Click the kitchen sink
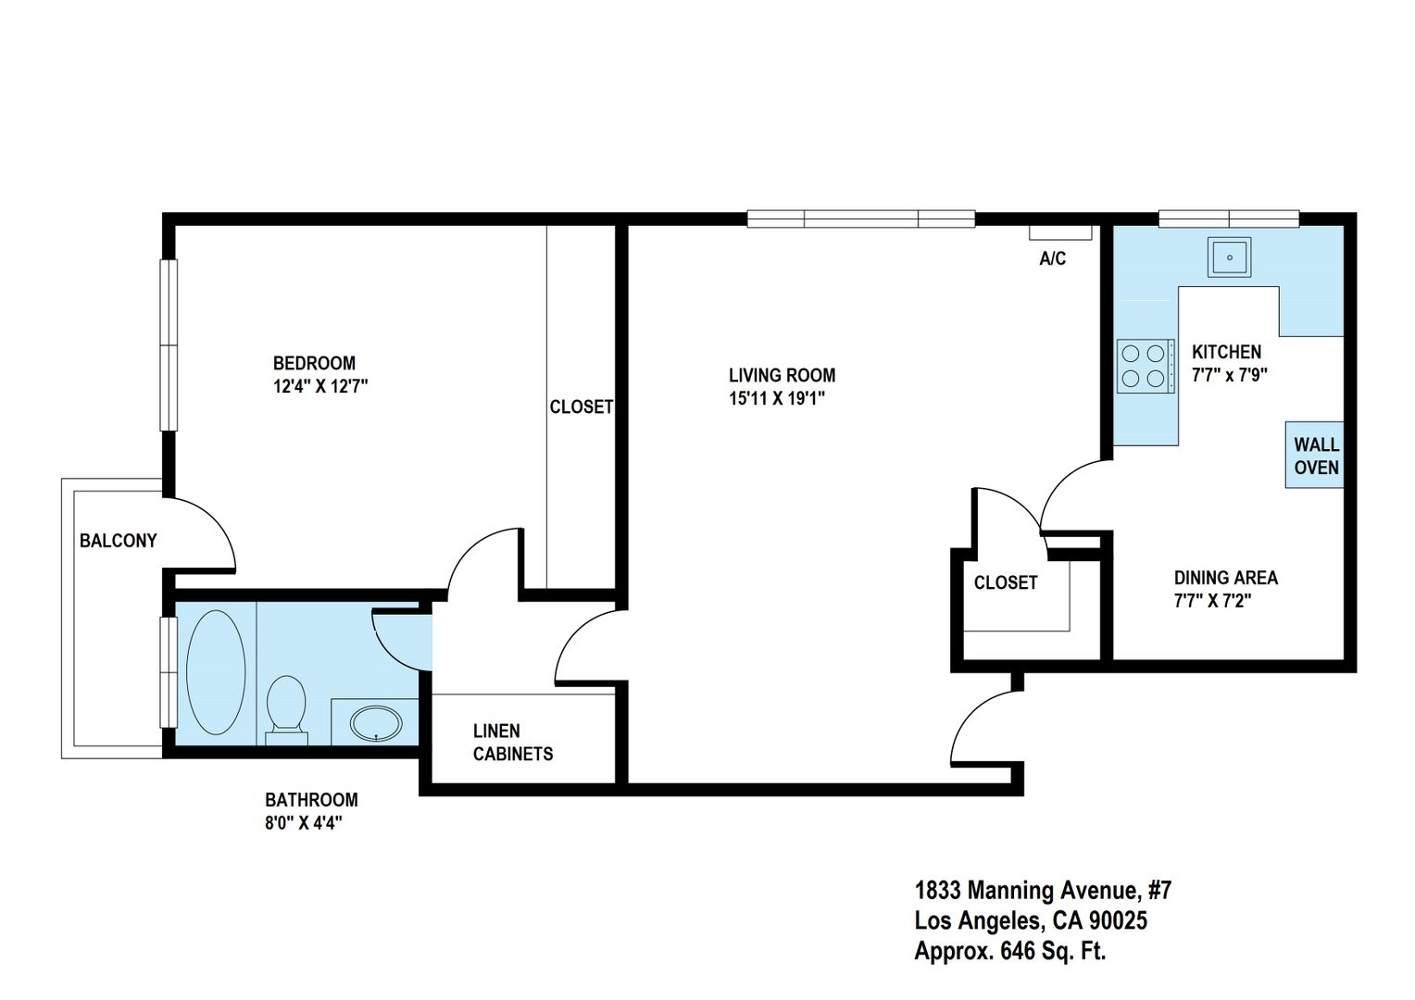pos(1229,257)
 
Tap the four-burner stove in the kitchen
pos(1146,367)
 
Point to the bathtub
pos(216,672)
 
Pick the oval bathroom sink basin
pos(376,723)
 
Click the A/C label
pos(1053,258)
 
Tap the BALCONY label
pos(119,541)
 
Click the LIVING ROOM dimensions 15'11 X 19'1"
pos(777,398)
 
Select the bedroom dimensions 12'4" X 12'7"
pos(320,386)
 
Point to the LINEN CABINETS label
pos(513,743)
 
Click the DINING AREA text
pos(1226,578)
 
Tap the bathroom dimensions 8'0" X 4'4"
pos(304,823)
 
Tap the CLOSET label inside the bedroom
pos(582,406)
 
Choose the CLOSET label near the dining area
pos(1006,582)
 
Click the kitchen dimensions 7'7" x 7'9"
pos(1230,375)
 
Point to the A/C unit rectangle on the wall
pos(1060,232)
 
